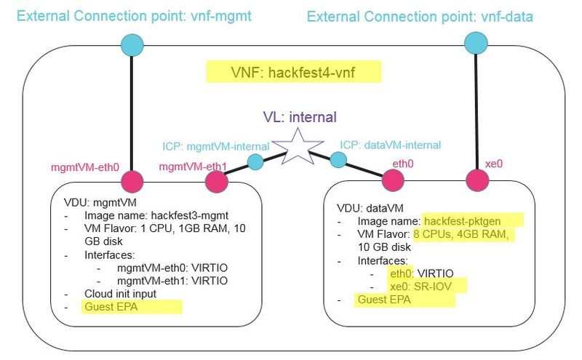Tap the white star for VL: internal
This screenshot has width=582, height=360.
pyautogui.click(x=300, y=145)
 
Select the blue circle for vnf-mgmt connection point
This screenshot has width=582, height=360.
pyautogui.click(x=132, y=44)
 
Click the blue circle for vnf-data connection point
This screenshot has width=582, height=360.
pyautogui.click(x=476, y=44)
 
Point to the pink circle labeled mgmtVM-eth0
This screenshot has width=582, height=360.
pyautogui.click(x=132, y=181)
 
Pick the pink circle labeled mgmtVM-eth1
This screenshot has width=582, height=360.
pyautogui.click(x=216, y=181)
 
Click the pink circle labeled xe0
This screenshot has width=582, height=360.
pyautogui.click(x=477, y=180)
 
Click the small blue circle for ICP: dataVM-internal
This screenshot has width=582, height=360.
pyautogui.click(x=338, y=159)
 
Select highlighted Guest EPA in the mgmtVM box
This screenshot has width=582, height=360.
pyautogui.click(x=112, y=307)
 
